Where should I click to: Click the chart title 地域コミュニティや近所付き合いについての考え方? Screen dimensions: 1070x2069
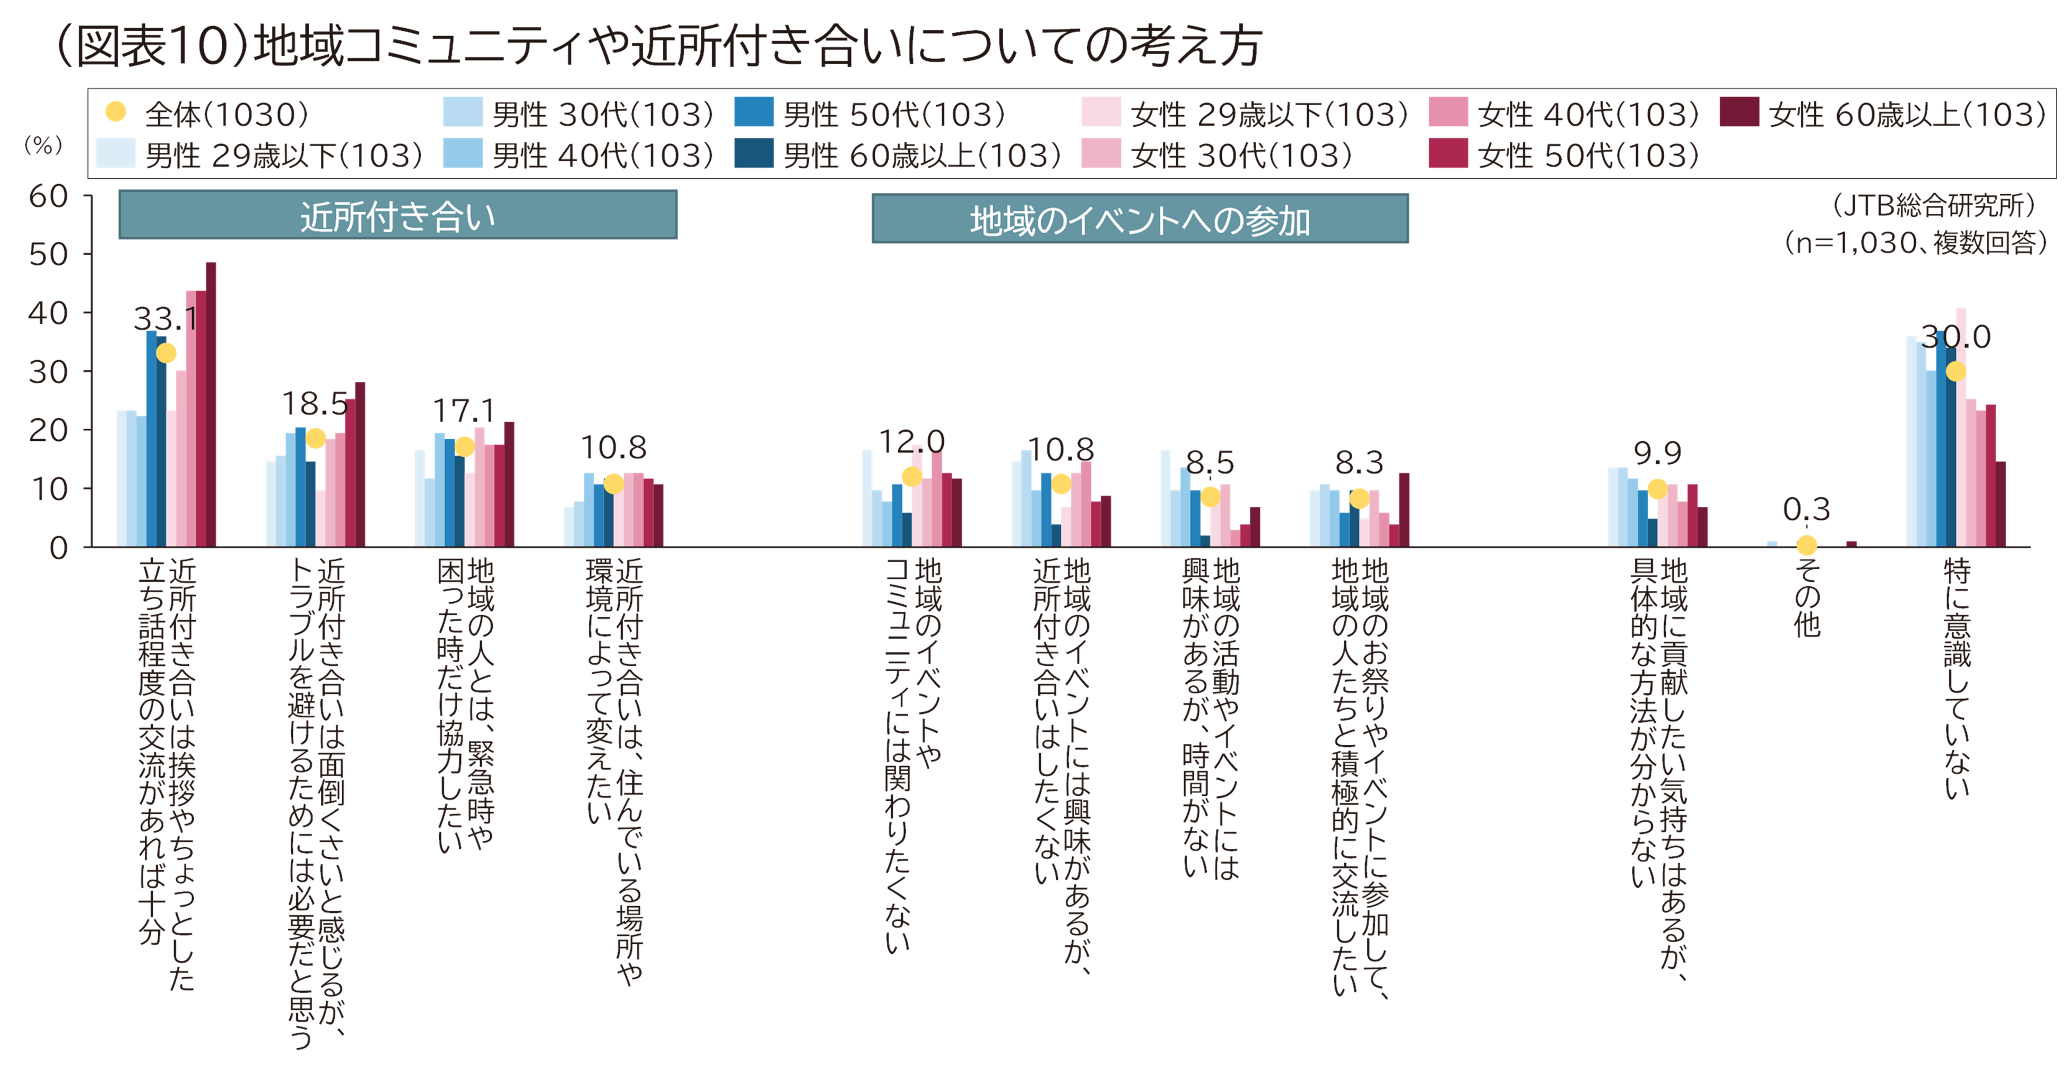[658, 47]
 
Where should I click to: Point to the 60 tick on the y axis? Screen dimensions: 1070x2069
[48, 195]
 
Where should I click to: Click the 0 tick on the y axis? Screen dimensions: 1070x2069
[58, 548]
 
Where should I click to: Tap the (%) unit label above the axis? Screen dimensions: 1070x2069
[42, 145]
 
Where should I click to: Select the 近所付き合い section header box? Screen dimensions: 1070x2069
[397, 215]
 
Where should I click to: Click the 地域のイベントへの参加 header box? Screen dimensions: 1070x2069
[1139, 219]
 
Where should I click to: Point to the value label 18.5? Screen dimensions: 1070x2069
[314, 403]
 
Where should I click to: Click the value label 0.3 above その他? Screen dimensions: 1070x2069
[1806, 509]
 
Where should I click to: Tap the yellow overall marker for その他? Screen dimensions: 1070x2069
[1806, 545]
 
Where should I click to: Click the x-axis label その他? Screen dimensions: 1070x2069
[1807, 598]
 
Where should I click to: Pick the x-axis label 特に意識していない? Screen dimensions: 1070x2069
[1957, 679]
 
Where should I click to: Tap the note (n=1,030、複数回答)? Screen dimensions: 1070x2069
[1916, 242]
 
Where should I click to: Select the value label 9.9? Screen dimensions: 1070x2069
[1657, 454]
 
